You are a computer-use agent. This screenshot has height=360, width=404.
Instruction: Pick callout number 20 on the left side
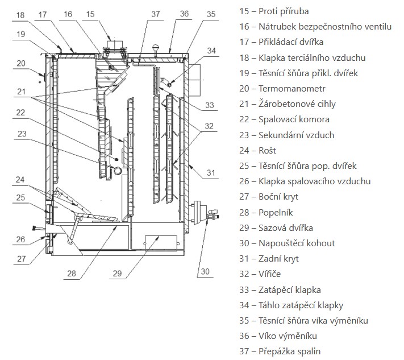(22, 64)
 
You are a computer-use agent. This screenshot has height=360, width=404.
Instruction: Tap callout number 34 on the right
(211, 51)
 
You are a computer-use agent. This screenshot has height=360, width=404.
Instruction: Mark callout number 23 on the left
(22, 134)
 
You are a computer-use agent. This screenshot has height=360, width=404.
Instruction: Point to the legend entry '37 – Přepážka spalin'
(282, 351)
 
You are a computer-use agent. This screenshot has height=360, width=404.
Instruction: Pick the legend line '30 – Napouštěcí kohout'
(287, 243)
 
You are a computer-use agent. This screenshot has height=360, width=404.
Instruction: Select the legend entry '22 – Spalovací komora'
(284, 119)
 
